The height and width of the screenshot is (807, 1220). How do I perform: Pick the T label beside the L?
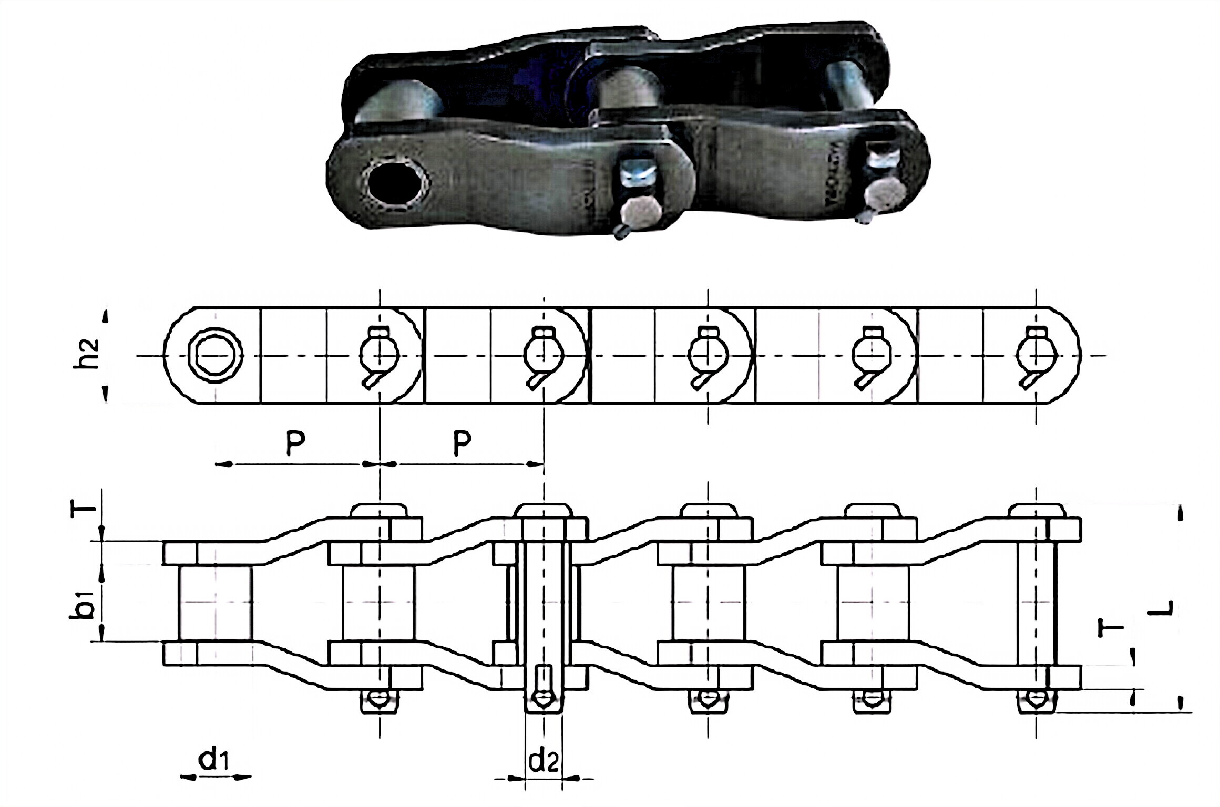click(1110, 628)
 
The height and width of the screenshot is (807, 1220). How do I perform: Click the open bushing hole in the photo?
click(396, 184)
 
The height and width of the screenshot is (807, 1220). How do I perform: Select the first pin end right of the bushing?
click(380, 355)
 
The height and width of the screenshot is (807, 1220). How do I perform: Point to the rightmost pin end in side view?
click(1035, 355)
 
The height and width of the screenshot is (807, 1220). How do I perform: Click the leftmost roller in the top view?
click(216, 603)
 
